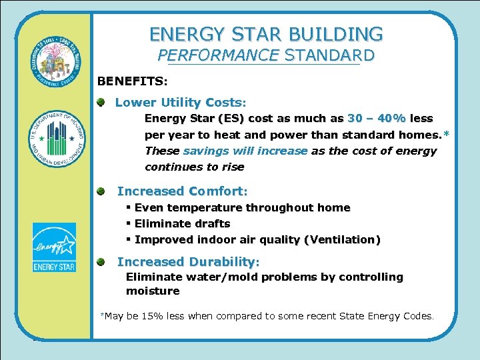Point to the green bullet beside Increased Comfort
coord(100,191)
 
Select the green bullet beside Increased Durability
coord(100,262)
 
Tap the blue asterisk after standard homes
coord(446,135)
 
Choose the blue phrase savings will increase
coord(245,151)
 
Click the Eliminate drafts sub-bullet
coord(182,224)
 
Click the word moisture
coord(153,291)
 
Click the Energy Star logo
coord(54,247)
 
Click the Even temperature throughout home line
coord(242,208)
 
